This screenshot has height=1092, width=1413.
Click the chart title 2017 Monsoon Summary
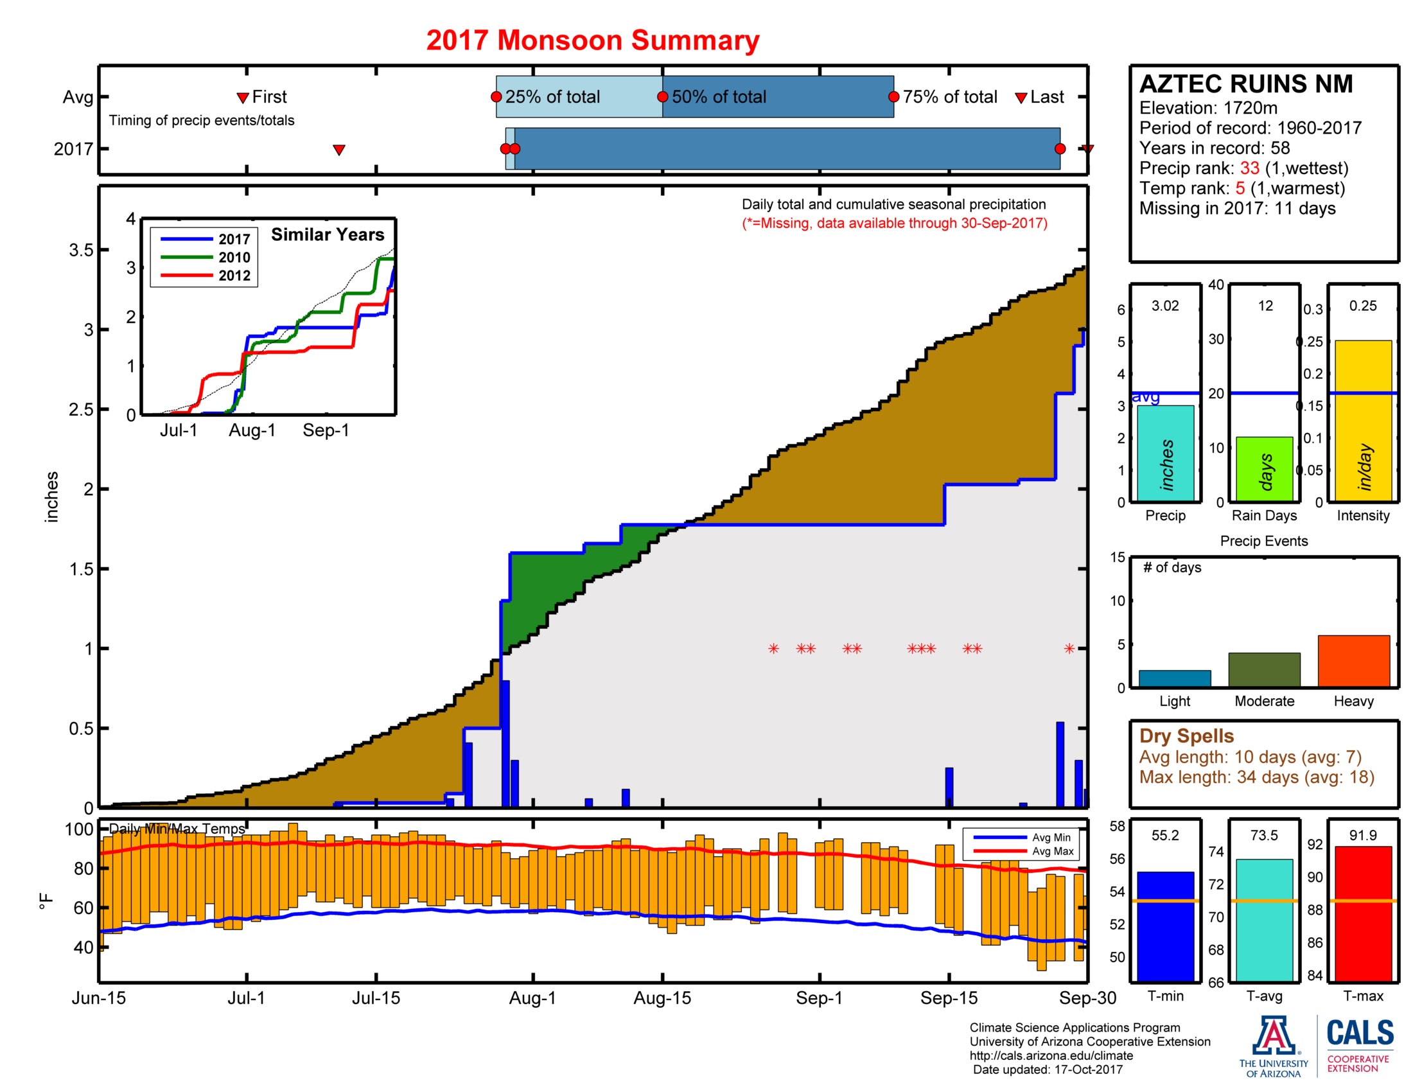click(592, 40)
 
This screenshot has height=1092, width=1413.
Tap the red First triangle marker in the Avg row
click(243, 98)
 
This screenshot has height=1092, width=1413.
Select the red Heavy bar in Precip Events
click(1353, 660)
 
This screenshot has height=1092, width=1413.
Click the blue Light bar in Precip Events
click(1174, 678)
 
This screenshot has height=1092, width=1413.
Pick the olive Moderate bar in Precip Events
click(1263, 669)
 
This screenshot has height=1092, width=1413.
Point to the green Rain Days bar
click(1263, 469)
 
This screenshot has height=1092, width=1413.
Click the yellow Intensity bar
click(1362, 421)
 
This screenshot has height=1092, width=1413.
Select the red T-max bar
click(1362, 913)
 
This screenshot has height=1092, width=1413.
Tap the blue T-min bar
click(1164, 926)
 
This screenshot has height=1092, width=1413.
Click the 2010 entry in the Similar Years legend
click(234, 258)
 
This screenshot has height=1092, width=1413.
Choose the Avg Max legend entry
click(1052, 851)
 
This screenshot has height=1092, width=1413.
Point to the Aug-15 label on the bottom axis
click(662, 998)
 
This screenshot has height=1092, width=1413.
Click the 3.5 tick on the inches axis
click(81, 251)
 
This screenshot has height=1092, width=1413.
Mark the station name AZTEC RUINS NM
click(1245, 84)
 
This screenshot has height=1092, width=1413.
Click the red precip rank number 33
click(1249, 168)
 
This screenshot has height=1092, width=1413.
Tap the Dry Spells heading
click(1186, 736)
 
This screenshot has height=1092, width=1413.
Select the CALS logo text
click(1360, 1032)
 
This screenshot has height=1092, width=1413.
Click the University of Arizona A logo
click(1273, 1035)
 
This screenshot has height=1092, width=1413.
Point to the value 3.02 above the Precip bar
click(1164, 306)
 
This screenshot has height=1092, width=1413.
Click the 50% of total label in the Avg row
click(718, 97)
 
